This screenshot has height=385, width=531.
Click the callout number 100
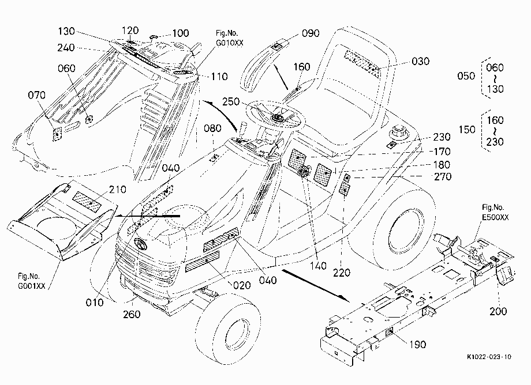click(181, 33)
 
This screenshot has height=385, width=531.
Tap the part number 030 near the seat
click(421, 61)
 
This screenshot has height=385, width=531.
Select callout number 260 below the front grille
click(132, 314)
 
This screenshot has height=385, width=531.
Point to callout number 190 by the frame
click(417, 345)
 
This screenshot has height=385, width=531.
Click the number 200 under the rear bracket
click(498, 311)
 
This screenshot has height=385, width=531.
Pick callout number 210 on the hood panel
click(118, 189)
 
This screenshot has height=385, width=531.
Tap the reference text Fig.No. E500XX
click(495, 212)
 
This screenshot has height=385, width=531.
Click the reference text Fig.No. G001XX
click(31, 281)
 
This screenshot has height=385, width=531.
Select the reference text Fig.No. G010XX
click(229, 38)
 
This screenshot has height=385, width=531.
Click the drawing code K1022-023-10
click(489, 357)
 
